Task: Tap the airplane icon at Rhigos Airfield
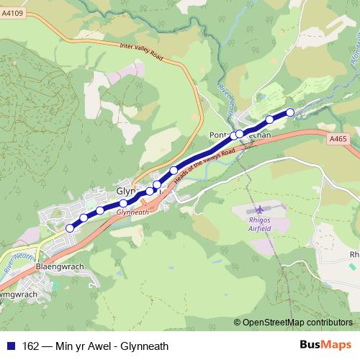pos(257,210)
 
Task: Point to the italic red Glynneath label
pos(132,212)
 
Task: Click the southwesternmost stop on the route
pos(70,228)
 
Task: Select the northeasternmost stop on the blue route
pos(290,112)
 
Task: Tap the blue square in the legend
pos(9,345)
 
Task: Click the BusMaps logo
pos(325,345)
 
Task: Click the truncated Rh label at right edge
pos(354,254)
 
